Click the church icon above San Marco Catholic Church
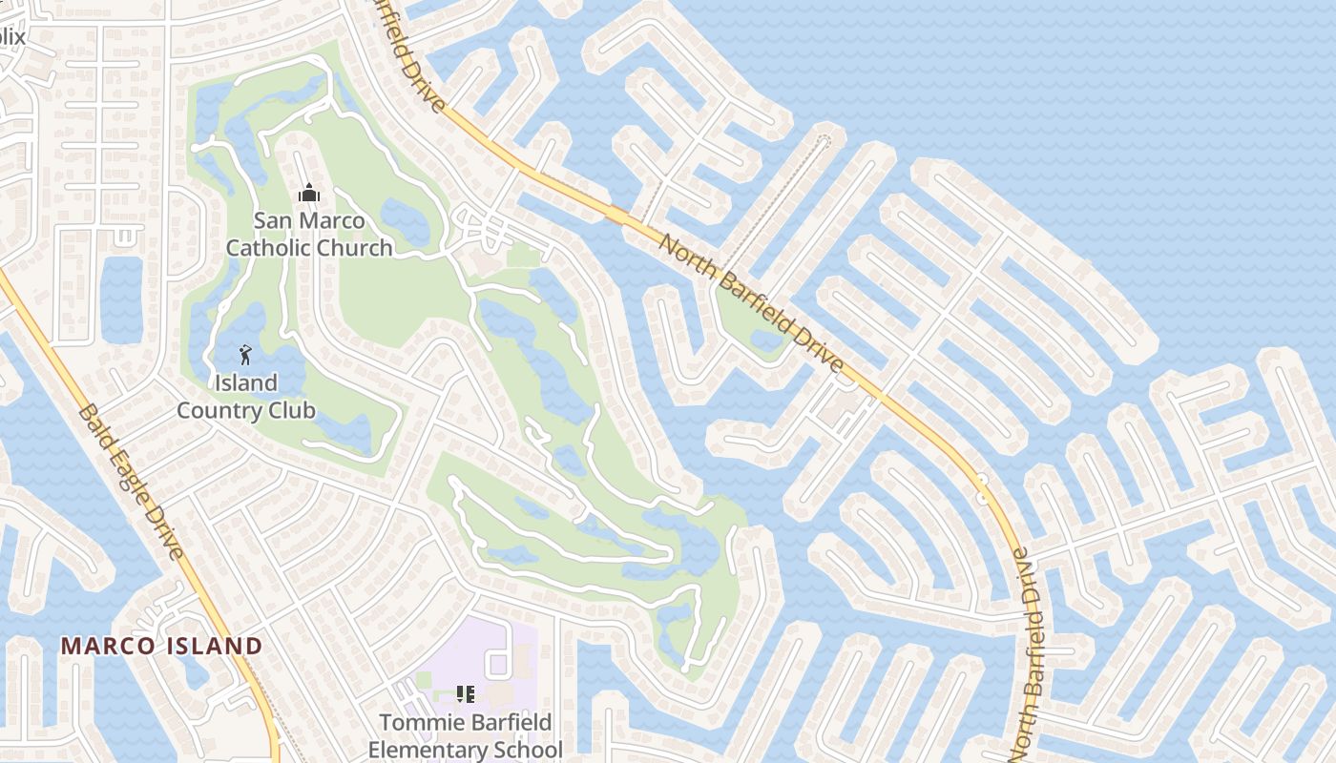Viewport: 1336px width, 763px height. click(308, 194)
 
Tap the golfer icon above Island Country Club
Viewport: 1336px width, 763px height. click(245, 356)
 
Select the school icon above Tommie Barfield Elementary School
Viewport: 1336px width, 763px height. click(465, 694)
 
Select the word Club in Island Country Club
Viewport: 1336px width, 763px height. click(291, 411)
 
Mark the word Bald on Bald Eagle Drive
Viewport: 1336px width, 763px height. click(94, 427)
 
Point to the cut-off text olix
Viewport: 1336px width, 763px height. click(11, 37)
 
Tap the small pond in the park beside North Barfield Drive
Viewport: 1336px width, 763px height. click(765, 340)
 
